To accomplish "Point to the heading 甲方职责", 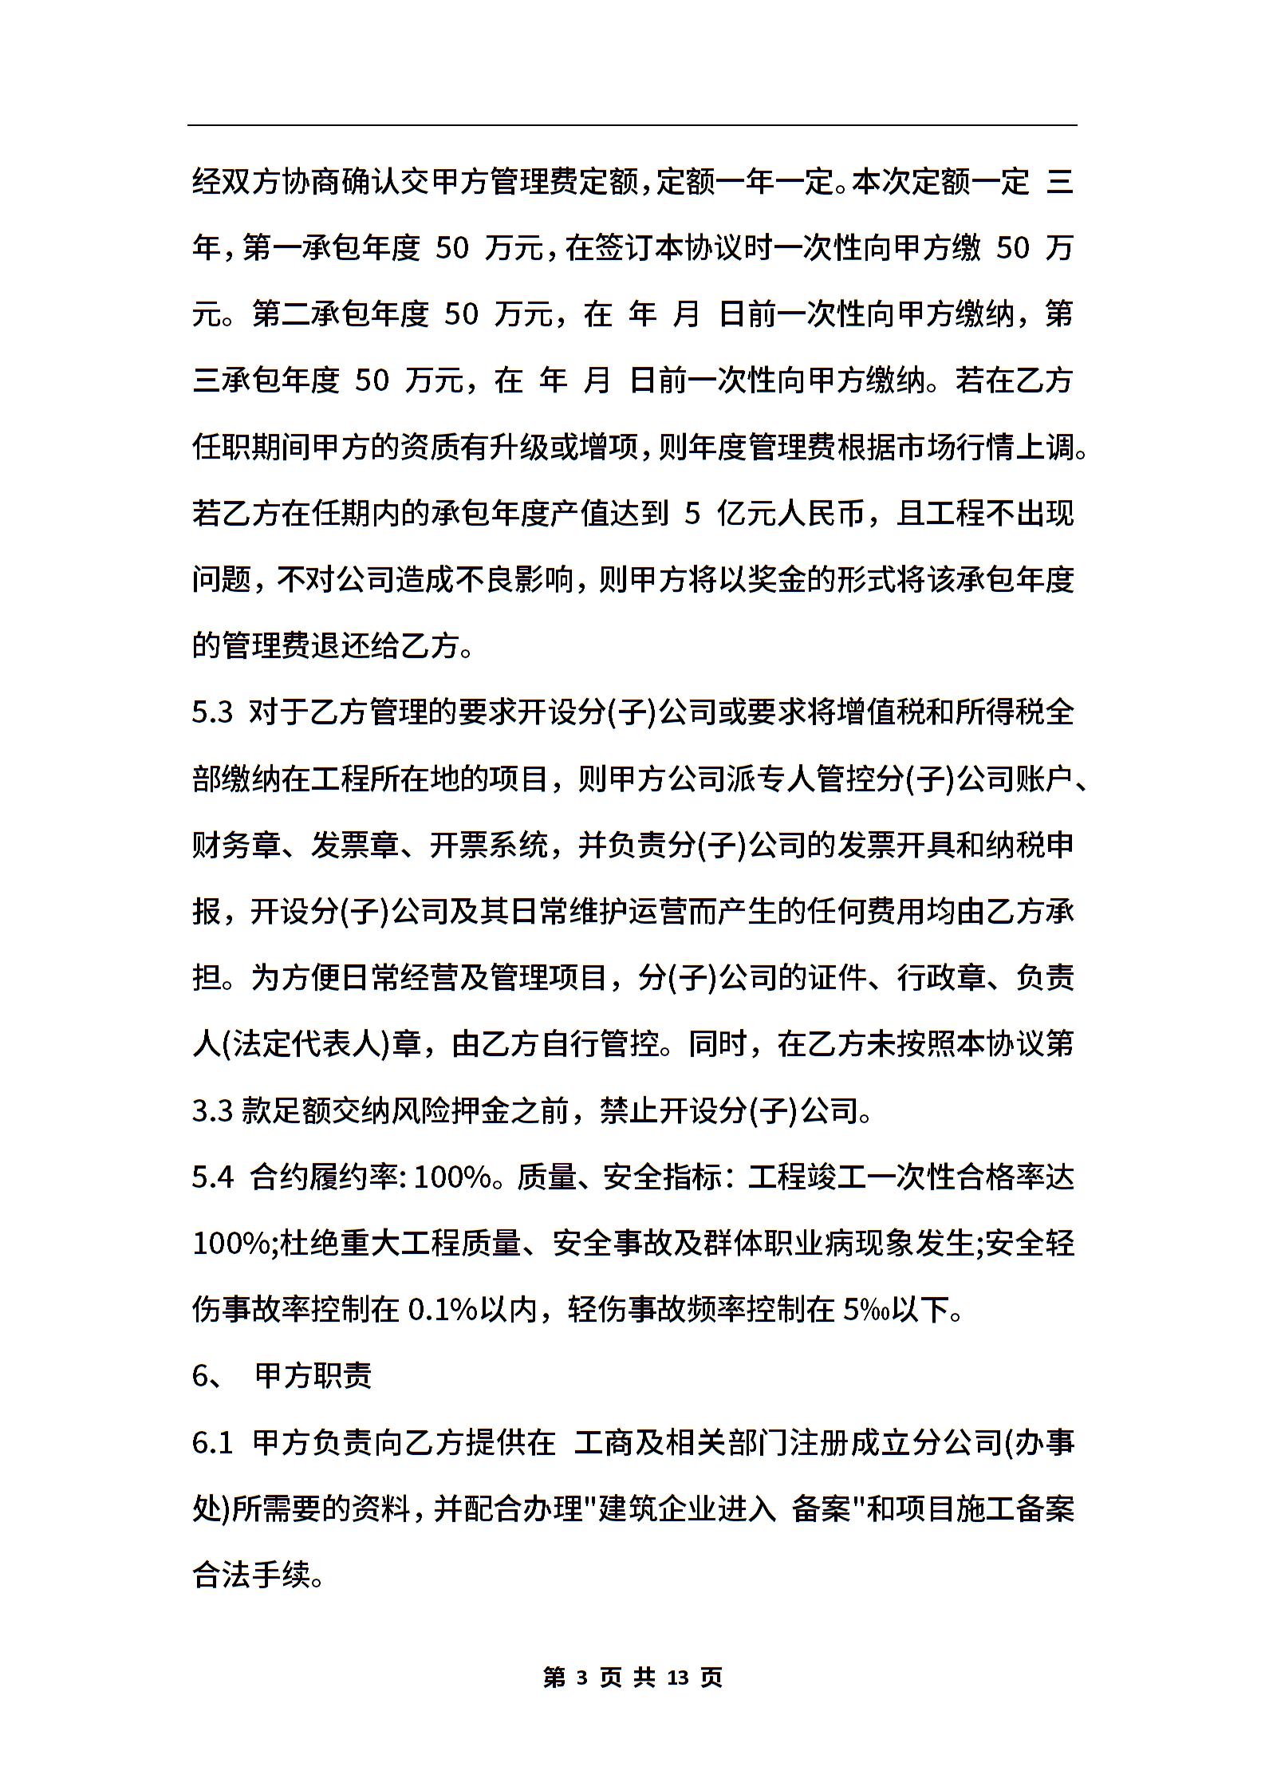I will click(x=313, y=1376).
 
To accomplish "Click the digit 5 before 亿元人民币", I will click(x=692, y=514).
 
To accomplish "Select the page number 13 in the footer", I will click(x=677, y=1678).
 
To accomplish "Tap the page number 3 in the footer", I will click(x=581, y=1678).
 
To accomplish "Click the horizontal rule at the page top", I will click(x=632, y=125).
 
